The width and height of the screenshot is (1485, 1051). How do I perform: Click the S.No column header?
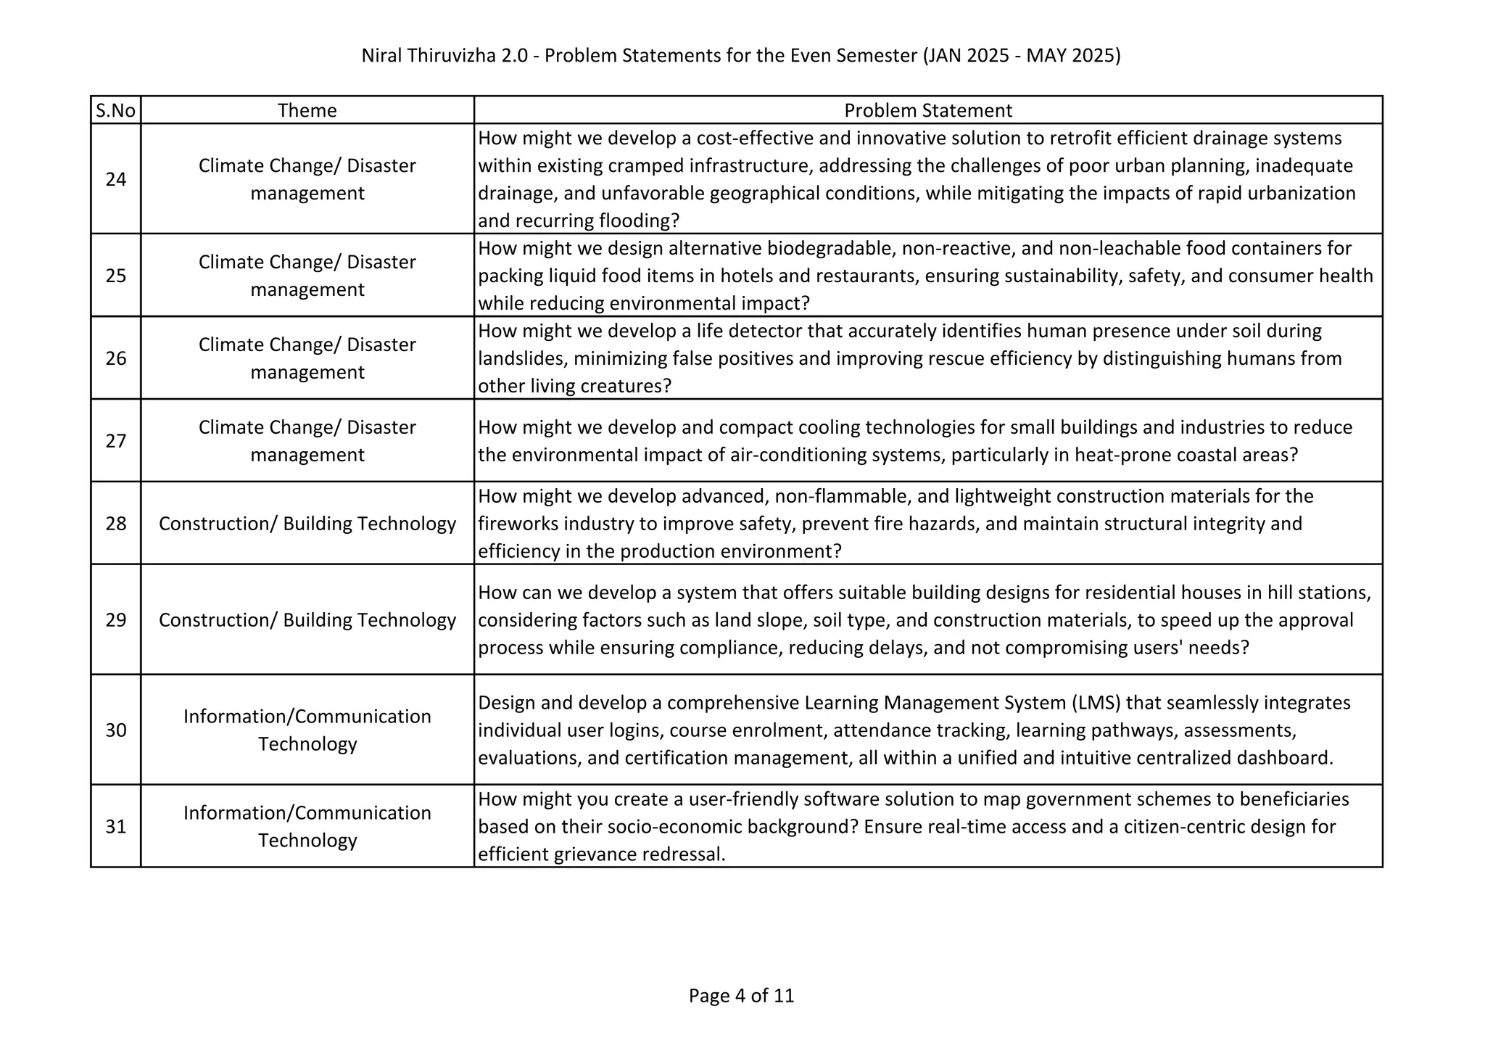[116, 110]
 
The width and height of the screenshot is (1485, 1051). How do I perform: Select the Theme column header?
[307, 110]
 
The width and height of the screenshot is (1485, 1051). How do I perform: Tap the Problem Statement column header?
[927, 110]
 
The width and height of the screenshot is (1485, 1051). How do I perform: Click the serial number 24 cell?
[116, 179]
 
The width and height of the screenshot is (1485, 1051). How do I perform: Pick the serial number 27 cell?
[116, 441]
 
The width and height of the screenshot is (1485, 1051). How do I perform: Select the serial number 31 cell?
[116, 826]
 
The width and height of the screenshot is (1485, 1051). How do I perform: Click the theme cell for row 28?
[307, 524]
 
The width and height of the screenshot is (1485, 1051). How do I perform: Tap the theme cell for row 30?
[307, 730]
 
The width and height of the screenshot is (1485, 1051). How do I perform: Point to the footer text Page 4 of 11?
[741, 995]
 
